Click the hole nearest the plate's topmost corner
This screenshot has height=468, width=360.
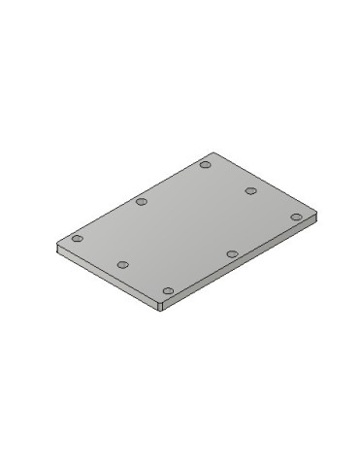[x=205, y=164]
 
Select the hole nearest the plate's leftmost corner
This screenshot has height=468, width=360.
[x=78, y=238]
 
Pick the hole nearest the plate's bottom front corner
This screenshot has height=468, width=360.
[x=168, y=290]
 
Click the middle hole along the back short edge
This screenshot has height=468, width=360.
[x=249, y=190]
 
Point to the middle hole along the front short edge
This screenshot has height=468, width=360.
[x=122, y=264]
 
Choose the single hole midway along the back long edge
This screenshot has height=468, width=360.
[x=141, y=202]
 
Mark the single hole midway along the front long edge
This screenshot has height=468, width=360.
[x=231, y=253]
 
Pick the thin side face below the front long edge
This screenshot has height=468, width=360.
[x=239, y=266]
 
